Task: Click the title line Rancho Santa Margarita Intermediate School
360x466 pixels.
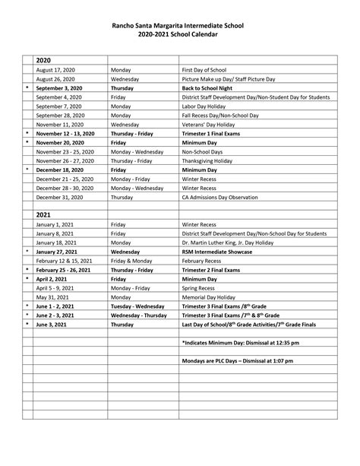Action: pyautogui.click(x=179, y=26)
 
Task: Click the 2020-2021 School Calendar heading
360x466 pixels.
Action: pyautogui.click(x=179, y=36)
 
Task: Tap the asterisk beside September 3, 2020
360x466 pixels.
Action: pyautogui.click(x=27, y=87)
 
